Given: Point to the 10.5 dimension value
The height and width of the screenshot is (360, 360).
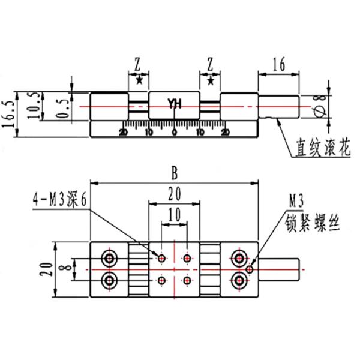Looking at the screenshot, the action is (x=34, y=106).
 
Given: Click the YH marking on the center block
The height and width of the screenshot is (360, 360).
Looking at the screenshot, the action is (x=175, y=104).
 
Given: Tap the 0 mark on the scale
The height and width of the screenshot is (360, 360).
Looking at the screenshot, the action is (x=175, y=132).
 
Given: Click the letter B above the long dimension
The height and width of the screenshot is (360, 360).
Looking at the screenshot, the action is (x=175, y=173).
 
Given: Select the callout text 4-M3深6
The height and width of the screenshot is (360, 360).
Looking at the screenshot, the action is (x=60, y=199).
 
